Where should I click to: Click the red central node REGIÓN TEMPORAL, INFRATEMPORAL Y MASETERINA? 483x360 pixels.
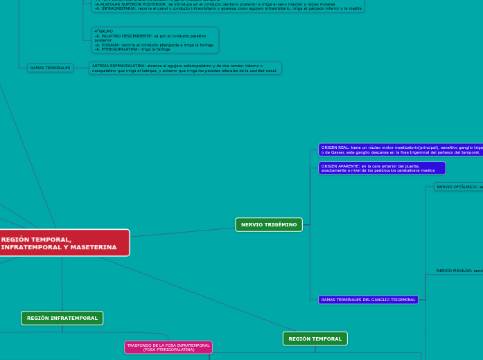tap(62, 243)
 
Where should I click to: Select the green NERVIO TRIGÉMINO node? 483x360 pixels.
tap(269, 224)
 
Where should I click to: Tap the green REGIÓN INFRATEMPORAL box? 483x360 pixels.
tap(62, 318)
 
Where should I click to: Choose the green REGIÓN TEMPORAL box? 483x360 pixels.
tap(315, 339)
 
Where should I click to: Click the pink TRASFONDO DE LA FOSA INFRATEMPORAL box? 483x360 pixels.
tap(168, 347)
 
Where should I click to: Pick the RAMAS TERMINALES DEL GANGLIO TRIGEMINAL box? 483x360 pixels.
tap(368, 300)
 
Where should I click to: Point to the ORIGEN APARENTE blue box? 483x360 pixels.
tap(381, 168)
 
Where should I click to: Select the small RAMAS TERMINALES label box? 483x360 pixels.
tap(50, 68)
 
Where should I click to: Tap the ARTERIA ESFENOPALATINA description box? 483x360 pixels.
tap(185, 68)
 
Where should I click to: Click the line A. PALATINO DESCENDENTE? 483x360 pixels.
tap(150, 36)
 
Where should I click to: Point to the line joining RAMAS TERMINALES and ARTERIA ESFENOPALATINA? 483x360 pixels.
tap(81, 68)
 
